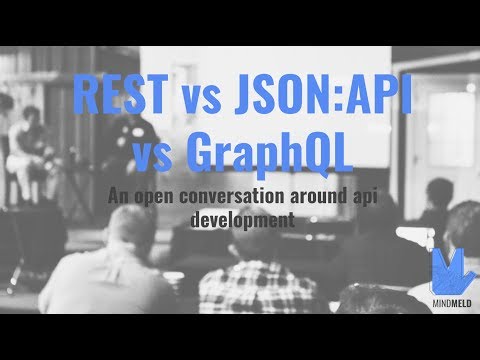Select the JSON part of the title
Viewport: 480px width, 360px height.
(274, 99)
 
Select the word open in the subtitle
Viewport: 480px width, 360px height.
(163, 196)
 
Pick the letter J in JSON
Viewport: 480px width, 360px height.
(240, 99)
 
